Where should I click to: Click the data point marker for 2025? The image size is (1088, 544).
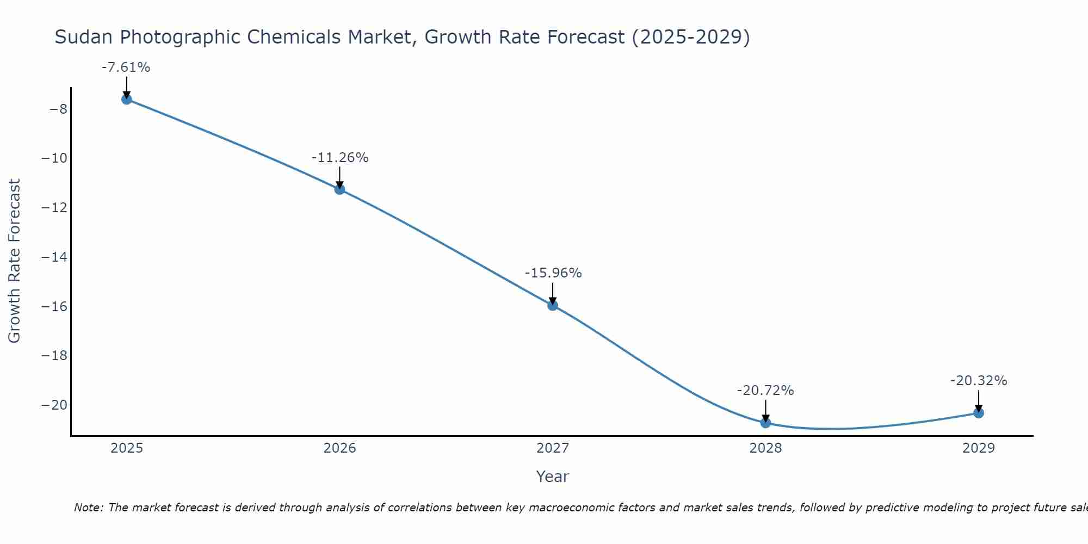click(127, 99)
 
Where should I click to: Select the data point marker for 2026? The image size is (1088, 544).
click(339, 189)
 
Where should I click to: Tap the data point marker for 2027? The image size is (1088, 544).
click(553, 305)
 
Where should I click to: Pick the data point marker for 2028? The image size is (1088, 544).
click(765, 423)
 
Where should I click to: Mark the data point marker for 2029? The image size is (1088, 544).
click(979, 413)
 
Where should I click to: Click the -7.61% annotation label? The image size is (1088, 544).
click(126, 67)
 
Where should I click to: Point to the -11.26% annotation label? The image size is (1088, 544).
click(339, 158)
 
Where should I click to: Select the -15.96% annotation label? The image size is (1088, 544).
click(553, 273)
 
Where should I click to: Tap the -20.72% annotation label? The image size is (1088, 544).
click(765, 391)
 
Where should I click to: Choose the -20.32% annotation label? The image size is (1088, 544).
click(979, 381)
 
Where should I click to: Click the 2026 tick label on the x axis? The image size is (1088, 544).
click(339, 448)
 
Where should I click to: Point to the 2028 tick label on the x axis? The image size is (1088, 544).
click(765, 448)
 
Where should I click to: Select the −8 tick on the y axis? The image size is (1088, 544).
click(58, 109)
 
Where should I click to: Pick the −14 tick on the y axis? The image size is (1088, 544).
click(54, 257)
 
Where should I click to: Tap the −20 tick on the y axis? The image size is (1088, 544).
click(54, 405)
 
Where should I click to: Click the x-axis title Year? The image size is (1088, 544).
click(552, 477)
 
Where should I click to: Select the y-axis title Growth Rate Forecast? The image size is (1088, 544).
click(14, 261)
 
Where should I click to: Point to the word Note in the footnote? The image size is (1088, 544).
click(88, 508)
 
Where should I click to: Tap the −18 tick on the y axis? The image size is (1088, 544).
click(54, 356)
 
